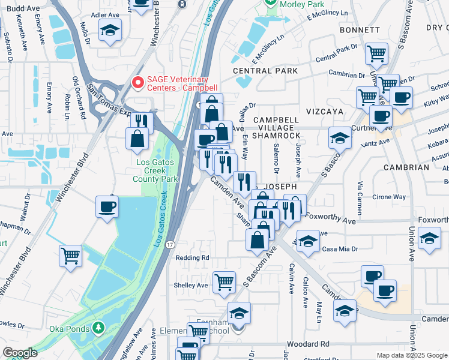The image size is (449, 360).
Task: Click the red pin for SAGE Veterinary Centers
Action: tap(138, 82)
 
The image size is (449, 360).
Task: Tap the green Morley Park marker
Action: tap(271, 3)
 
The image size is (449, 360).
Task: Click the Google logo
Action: tap(19, 353)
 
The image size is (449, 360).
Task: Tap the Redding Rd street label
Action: tap(192, 257)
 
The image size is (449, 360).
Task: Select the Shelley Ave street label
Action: tap(190, 285)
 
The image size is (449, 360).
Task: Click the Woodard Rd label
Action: tap(309, 344)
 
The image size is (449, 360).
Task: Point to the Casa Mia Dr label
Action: tap(340, 249)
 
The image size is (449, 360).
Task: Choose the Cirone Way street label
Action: tap(389, 197)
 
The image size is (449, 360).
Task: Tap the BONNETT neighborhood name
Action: tap(360, 29)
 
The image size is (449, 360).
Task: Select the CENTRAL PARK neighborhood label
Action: tap(265, 71)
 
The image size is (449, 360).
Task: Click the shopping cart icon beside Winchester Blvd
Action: tap(70, 255)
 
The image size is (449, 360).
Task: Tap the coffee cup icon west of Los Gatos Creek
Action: tap(107, 206)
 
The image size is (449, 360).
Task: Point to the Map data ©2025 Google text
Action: tap(412, 355)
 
